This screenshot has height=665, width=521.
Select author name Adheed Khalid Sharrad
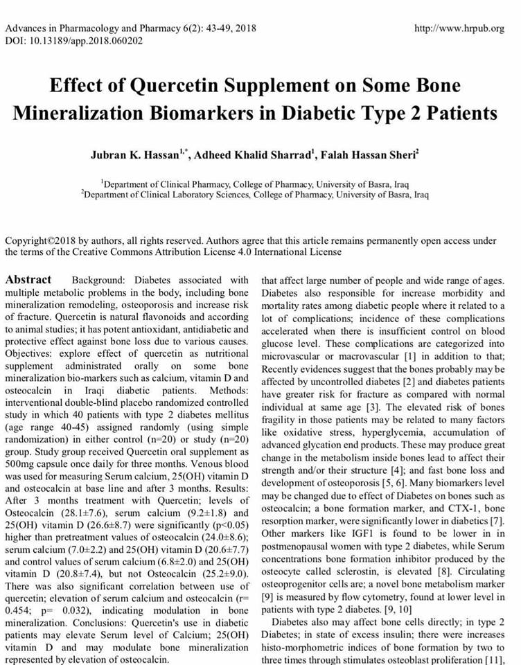(252, 154)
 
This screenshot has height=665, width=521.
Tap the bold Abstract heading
(28, 280)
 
